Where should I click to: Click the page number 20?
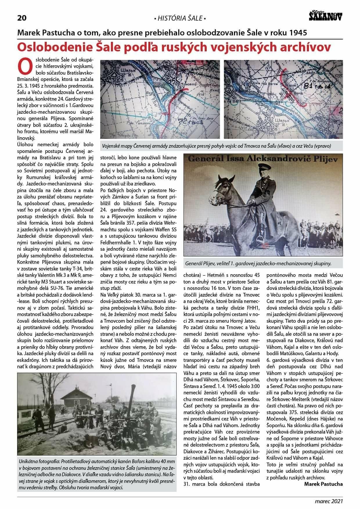pos(22,18)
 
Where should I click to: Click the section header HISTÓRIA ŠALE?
pos(180,19)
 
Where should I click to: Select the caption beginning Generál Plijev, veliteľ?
pos(258,264)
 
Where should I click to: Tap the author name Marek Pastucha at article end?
pos(323,484)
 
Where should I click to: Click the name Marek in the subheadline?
pos(28,32)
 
